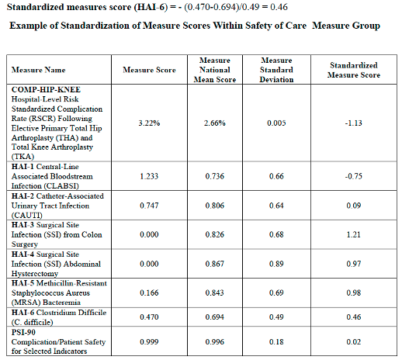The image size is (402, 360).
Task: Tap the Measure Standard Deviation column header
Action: tap(276, 70)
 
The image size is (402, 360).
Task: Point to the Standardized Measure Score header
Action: tap(354, 71)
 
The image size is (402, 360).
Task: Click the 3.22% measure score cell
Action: tap(150, 123)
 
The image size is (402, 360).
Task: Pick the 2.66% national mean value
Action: tap(215, 123)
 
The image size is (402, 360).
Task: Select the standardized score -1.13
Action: tap(354, 123)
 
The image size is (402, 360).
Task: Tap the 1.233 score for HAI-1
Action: tap(150, 176)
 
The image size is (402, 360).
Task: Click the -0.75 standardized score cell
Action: tap(354, 176)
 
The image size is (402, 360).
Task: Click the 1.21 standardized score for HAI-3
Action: tap(354, 234)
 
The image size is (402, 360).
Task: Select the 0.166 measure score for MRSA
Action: tap(150, 292)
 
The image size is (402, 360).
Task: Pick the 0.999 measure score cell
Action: tap(150, 342)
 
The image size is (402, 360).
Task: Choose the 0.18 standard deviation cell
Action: tap(276, 342)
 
